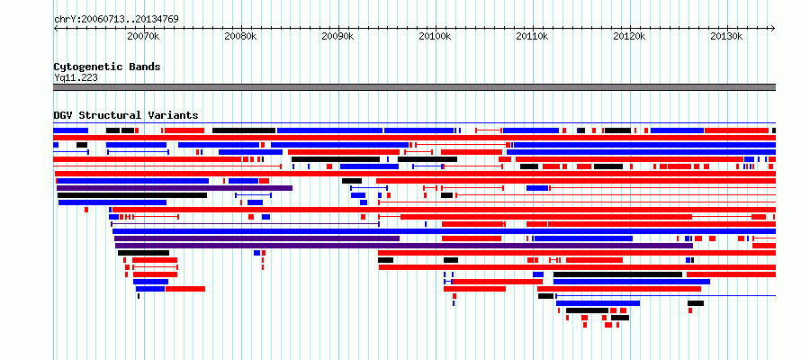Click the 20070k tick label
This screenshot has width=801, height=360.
coord(143,37)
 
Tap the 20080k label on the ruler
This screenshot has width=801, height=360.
coord(240,37)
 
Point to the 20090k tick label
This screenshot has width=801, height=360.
coord(338,37)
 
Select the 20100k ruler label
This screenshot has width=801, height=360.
coord(436,37)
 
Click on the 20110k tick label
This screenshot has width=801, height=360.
coord(532,37)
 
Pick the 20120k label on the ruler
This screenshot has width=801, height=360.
coord(630,37)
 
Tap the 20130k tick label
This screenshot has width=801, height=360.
coord(727,37)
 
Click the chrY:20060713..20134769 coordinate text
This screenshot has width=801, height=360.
coord(116,20)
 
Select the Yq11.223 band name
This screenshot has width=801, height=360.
coord(76,77)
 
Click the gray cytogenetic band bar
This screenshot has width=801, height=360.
coord(414,87)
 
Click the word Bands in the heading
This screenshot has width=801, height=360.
coord(145,67)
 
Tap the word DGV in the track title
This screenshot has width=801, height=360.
coord(63,115)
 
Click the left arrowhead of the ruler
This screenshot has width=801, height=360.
coord(55,29)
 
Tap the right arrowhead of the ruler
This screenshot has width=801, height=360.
coord(774,29)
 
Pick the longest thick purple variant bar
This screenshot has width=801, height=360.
coord(403,246)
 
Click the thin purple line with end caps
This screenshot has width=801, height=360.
coord(245,224)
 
